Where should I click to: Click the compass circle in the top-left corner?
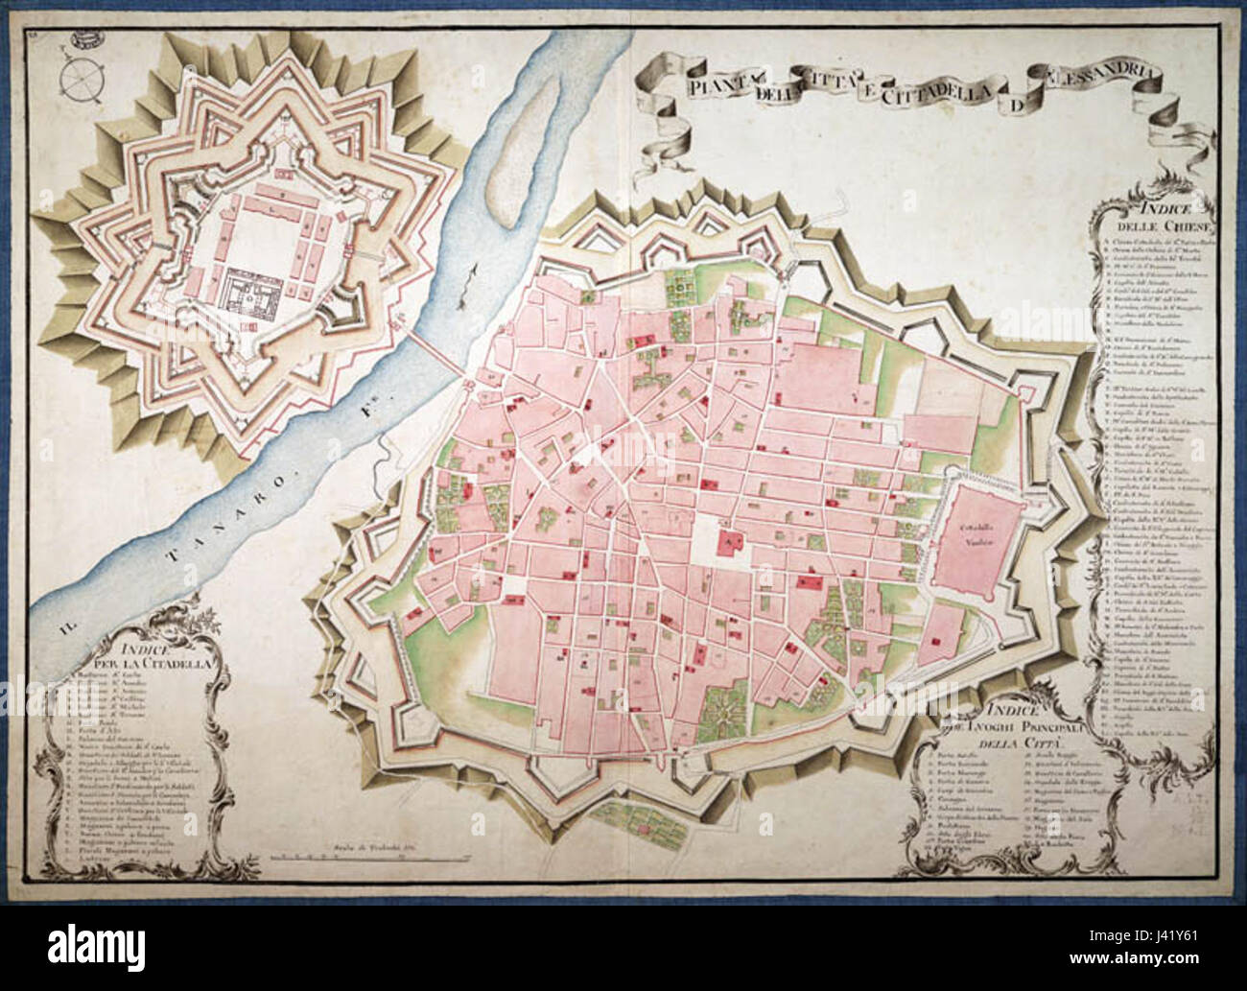[80, 76]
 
